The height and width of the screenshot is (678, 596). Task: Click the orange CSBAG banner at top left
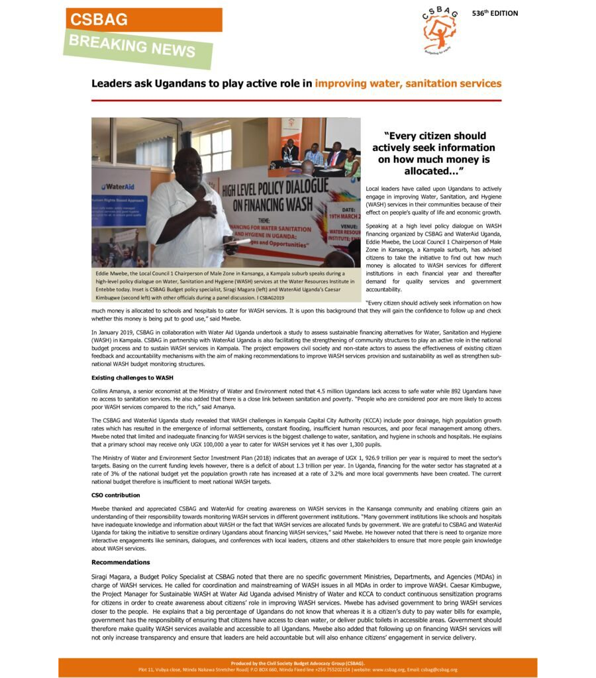tap(144, 20)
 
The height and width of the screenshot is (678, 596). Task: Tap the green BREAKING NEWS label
tap(138, 48)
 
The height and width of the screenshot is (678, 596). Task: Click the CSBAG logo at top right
tap(439, 30)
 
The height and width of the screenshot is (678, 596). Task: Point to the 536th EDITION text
tap(495, 13)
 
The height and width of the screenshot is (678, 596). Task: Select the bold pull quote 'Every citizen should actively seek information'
tap(434, 153)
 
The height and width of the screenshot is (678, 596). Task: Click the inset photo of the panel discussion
tap(319, 152)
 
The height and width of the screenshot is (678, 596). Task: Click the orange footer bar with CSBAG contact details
tap(297, 666)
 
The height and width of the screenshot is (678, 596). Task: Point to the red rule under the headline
tap(296, 100)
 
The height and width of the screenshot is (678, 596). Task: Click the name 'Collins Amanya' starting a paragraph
tap(109, 391)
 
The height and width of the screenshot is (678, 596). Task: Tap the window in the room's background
tap(212, 150)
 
